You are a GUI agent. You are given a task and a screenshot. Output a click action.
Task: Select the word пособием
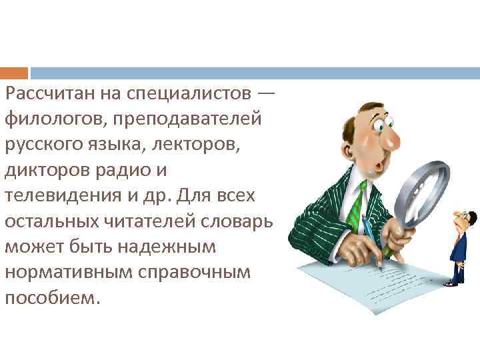pyautogui.click(x=51, y=297)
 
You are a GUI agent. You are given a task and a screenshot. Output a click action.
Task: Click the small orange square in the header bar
pyautogui.click(x=14, y=73)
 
